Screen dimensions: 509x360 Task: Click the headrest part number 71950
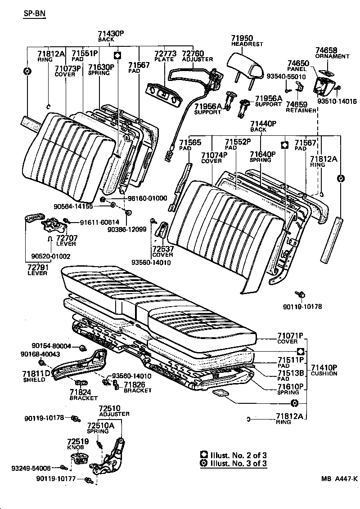[242, 38]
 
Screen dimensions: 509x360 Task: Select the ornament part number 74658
[326, 50]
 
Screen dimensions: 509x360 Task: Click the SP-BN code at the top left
[34, 14]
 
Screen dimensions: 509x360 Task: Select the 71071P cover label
[290, 335]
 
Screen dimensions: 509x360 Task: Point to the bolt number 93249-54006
[31, 468]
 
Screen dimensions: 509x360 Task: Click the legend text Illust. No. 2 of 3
[238, 455]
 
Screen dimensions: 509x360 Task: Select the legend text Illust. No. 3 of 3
[238, 463]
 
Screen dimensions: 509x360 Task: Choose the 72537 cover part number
[162, 249]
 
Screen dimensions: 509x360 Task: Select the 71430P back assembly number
[110, 34]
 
